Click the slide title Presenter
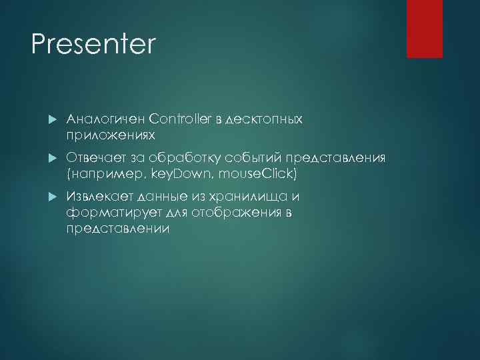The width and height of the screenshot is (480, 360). (x=93, y=45)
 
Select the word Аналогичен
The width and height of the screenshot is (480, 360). (x=106, y=119)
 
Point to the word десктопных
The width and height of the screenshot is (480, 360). (x=265, y=119)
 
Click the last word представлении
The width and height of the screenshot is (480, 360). (x=118, y=229)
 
